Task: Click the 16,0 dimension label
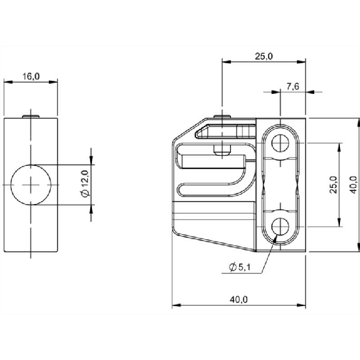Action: coord(31,76)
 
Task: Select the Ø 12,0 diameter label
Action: coord(85,183)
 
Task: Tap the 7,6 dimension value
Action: coord(293,86)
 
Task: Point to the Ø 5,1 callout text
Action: coord(240,267)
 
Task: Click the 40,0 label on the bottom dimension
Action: coord(239,299)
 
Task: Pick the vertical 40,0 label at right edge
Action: coord(354,185)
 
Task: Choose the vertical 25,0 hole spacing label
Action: coord(333,185)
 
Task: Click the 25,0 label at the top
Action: coord(264,56)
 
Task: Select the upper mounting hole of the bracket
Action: coord(280,143)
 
